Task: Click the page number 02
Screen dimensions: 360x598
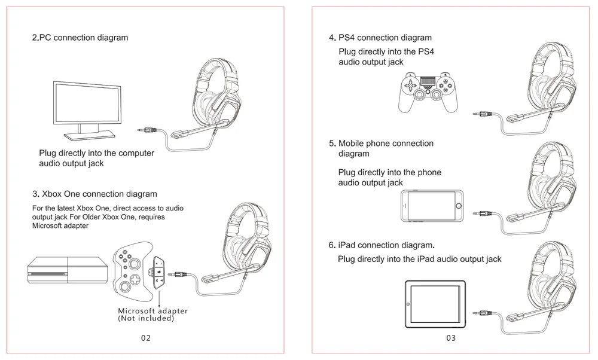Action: pos(146,338)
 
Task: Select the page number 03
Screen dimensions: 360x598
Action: pos(451,338)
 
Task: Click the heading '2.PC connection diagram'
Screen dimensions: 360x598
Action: pos(80,38)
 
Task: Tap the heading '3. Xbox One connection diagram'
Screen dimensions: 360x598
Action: pos(94,194)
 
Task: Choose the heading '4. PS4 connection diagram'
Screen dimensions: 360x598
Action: pos(380,38)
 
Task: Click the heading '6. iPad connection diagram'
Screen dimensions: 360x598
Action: pos(382,245)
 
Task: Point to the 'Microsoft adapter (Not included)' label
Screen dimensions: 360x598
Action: pos(152,315)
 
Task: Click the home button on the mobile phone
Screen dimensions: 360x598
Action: pos(459,207)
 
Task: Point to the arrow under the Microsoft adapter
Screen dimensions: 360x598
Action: pos(160,297)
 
